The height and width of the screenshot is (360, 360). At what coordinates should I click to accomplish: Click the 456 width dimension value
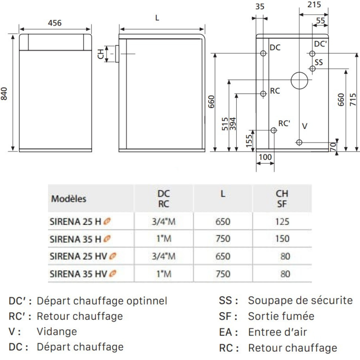(x=55, y=23)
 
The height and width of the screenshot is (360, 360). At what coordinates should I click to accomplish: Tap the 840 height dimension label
(x=4, y=94)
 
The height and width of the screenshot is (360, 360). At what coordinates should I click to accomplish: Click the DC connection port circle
(x=263, y=53)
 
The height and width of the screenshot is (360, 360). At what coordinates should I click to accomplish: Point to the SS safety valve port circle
(x=312, y=68)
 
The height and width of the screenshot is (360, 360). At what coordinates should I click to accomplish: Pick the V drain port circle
(x=299, y=142)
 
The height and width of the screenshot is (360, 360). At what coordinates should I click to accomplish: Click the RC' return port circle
(x=274, y=130)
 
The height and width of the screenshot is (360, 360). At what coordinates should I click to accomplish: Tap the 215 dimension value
(x=314, y=4)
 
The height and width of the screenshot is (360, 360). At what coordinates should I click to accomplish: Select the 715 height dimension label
(x=353, y=99)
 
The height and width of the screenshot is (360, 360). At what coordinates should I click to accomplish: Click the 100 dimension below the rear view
(x=265, y=157)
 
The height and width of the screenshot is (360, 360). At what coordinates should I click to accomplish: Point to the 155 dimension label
(x=249, y=141)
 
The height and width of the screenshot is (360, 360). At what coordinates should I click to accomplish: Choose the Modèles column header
(x=69, y=199)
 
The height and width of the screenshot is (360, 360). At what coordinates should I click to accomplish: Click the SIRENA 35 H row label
(x=76, y=239)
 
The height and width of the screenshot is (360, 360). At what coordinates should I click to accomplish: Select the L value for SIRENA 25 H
(x=223, y=221)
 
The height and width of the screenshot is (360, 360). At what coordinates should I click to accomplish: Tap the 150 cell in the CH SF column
(x=282, y=239)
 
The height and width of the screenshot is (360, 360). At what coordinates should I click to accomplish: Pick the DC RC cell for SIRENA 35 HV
(x=164, y=274)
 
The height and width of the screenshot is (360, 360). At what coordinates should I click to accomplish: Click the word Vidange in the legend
(x=57, y=332)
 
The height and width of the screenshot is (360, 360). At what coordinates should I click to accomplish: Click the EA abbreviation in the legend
(x=225, y=332)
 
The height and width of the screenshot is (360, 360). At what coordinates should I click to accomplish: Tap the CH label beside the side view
(x=101, y=54)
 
